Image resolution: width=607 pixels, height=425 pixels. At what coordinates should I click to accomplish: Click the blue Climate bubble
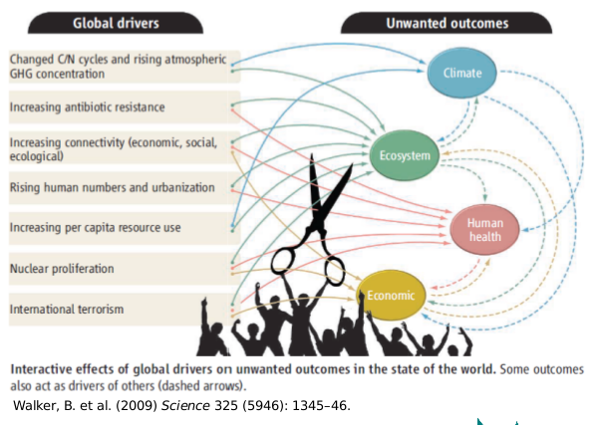coord(462,72)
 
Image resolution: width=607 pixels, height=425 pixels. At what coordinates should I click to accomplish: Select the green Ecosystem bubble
coord(404,155)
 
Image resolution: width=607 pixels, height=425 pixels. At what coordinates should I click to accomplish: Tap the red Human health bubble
coord(485,230)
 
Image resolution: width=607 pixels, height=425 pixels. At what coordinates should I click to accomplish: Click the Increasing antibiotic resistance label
coord(87,106)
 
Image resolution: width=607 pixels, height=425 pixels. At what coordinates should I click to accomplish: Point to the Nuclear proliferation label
coord(62,269)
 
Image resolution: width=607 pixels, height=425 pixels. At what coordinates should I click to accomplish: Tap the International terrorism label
coord(67,310)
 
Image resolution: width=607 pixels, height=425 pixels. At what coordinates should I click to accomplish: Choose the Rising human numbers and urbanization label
coord(113,187)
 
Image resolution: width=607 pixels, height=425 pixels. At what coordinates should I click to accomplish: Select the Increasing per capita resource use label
coord(95,228)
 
